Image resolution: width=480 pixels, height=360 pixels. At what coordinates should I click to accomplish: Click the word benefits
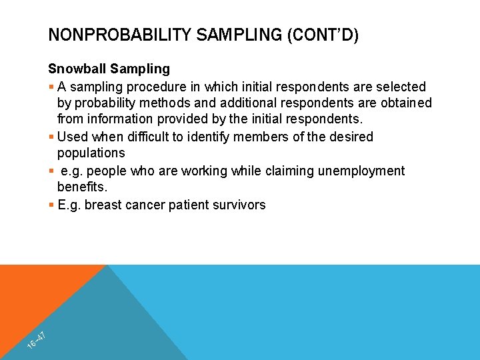(x=81, y=188)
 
